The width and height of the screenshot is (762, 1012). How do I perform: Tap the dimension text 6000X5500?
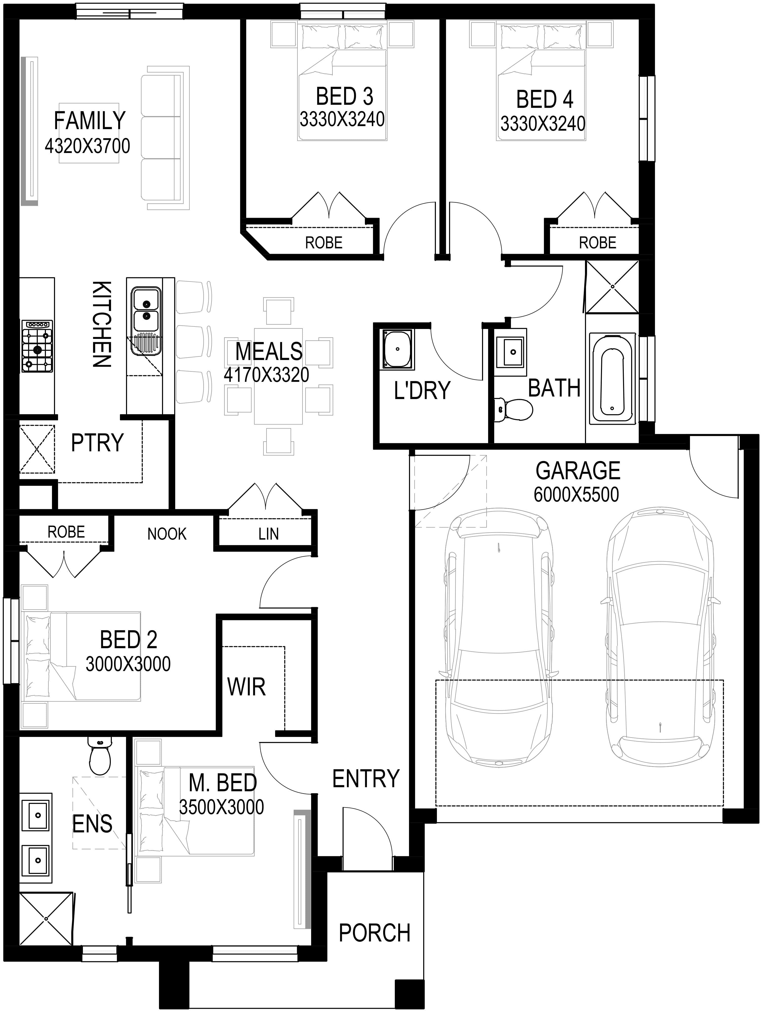tap(576, 494)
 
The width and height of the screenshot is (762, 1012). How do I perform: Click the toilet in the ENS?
tap(99, 755)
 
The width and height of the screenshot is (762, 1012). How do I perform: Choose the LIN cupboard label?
tap(269, 534)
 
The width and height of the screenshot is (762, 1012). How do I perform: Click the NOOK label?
tap(167, 534)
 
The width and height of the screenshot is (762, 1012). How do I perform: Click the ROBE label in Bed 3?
tap(324, 243)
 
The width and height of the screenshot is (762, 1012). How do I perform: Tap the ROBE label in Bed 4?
tap(597, 243)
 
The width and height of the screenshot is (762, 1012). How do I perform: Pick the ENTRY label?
tap(366, 779)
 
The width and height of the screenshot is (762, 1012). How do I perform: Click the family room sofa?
tap(165, 138)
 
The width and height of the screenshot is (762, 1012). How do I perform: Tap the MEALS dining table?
tap(278, 376)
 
